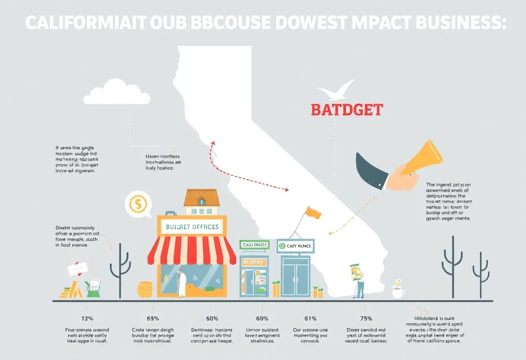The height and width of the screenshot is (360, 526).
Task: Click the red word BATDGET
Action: point(347,109)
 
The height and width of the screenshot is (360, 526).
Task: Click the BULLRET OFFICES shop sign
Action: point(192,226)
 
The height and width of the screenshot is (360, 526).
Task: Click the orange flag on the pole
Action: point(313,212)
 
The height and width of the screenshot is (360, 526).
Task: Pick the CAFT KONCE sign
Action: point(295,246)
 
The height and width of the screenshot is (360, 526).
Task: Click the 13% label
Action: point(87,319)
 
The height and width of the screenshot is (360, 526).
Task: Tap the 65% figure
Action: point(153,319)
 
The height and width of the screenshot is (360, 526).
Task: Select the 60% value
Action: point(212,319)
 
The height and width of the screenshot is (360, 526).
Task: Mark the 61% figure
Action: point(310,319)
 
